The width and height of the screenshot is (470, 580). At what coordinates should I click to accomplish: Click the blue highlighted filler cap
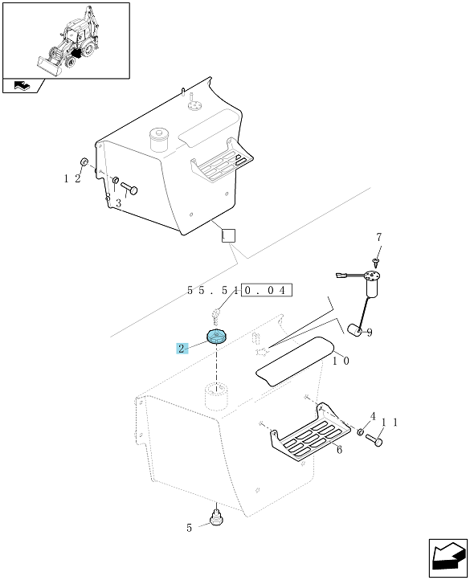pyautogui.click(x=216, y=337)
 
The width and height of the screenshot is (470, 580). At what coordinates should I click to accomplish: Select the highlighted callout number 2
pyautogui.click(x=182, y=348)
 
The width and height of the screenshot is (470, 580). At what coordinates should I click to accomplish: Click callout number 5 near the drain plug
pyautogui.click(x=189, y=528)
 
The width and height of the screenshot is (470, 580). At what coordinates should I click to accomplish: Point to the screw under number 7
pyautogui.click(x=376, y=263)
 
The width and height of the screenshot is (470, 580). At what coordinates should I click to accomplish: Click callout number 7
pyautogui.click(x=379, y=238)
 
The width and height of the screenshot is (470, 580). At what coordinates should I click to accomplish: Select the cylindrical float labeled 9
pyautogui.click(x=354, y=330)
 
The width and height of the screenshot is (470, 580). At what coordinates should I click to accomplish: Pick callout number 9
pyautogui.click(x=369, y=332)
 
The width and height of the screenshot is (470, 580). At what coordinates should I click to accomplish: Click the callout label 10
pyautogui.click(x=341, y=361)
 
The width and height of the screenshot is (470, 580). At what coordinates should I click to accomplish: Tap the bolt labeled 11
pyautogui.click(x=374, y=439)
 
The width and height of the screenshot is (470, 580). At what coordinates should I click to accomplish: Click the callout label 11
pyautogui.click(x=389, y=423)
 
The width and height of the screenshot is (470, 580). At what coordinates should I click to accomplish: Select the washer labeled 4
pyautogui.click(x=360, y=431)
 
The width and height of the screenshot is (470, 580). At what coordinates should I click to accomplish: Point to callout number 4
pyautogui.click(x=373, y=416)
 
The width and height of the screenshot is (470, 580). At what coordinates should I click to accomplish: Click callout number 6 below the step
pyautogui.click(x=339, y=449)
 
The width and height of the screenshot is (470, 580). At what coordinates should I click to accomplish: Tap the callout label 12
pyautogui.click(x=72, y=178)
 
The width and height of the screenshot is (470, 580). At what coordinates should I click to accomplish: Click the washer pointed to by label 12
pyautogui.click(x=84, y=161)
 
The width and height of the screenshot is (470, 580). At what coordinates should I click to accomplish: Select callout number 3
pyautogui.click(x=118, y=203)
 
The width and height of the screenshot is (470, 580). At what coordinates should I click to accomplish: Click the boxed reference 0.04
pyautogui.click(x=266, y=290)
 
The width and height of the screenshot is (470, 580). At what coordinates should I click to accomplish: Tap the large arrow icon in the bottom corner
pyautogui.click(x=448, y=558)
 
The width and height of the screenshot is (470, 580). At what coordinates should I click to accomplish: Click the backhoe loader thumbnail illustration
pyautogui.click(x=67, y=42)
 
